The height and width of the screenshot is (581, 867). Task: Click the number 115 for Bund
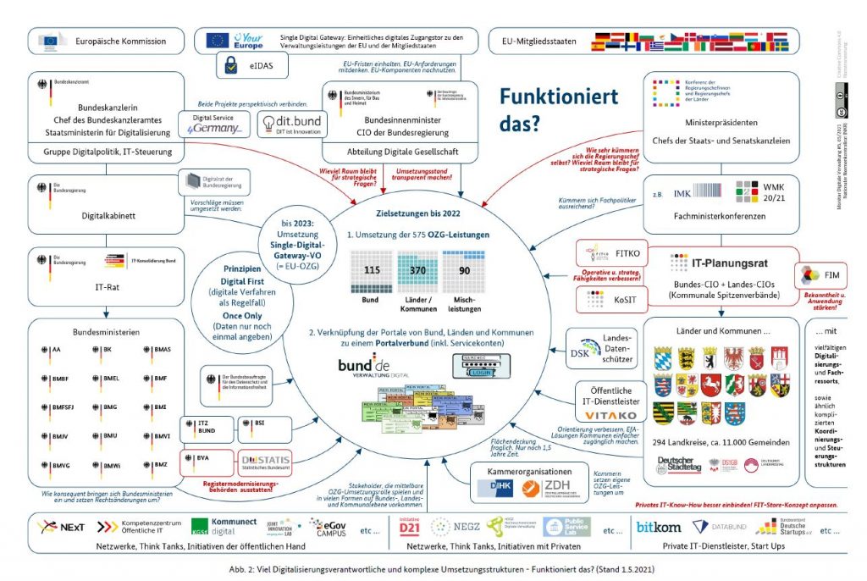369,268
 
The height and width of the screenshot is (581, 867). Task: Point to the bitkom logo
658,528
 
